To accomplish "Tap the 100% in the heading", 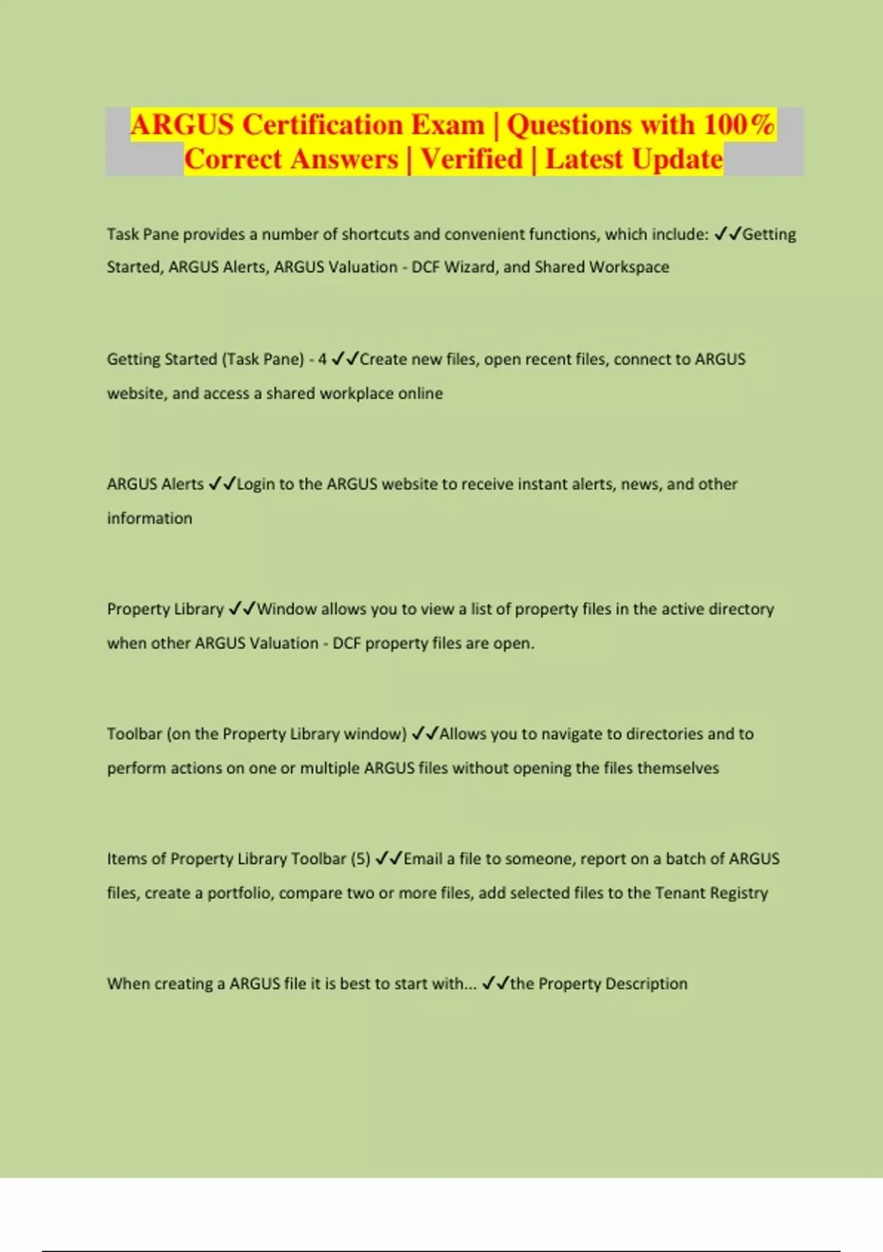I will tap(738, 124).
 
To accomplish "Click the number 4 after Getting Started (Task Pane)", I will tap(322, 359).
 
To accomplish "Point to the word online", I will tap(420, 393).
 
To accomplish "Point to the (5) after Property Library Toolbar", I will tap(361, 859).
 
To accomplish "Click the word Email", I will tap(423, 859).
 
